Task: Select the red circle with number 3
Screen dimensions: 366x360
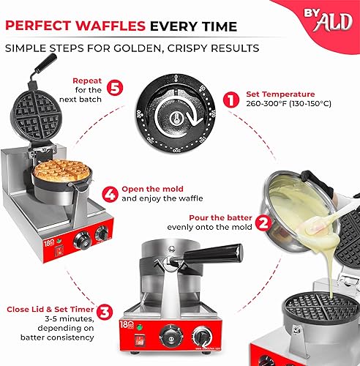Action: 105,311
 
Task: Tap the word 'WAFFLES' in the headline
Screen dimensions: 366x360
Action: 111,26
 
